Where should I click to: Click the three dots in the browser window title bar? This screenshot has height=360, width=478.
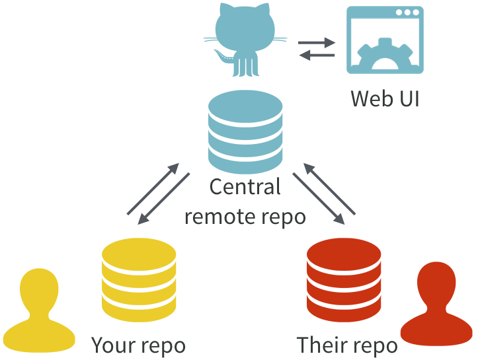pos(407,13)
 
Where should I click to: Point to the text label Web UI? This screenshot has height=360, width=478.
pos(385,98)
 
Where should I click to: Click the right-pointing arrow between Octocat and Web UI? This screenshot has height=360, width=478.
pos(317,44)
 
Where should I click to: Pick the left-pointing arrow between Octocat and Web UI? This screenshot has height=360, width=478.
pos(317,56)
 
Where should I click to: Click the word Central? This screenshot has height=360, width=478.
pos(245,187)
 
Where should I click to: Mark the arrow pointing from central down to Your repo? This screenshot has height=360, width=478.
pos(165,199)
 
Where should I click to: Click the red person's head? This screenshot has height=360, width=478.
pos(436,284)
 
